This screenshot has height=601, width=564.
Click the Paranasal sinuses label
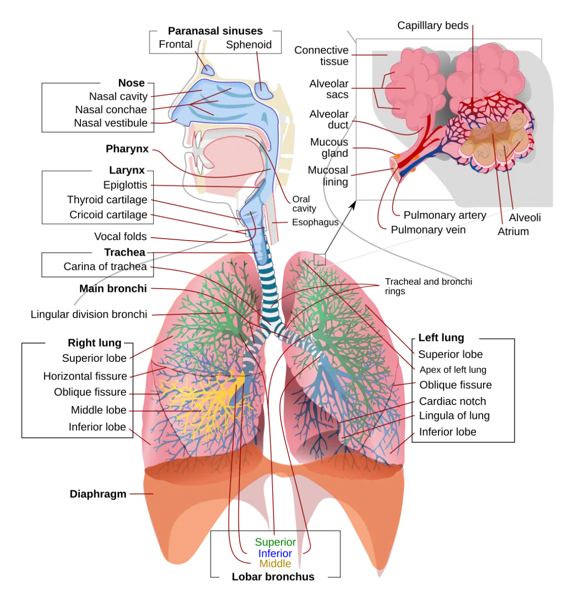215,31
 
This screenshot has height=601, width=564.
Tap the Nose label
131,83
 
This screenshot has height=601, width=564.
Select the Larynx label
126,170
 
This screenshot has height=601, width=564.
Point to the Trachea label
125,252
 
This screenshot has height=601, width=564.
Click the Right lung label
94,343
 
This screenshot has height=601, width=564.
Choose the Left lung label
441,338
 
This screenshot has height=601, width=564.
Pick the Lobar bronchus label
273,577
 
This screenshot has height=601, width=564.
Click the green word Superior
275,542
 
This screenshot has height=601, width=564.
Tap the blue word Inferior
275,553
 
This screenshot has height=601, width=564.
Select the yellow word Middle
275,564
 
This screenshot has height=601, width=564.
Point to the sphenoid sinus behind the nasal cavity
263,90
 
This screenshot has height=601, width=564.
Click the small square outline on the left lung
320,260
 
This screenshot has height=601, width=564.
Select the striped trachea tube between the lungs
267,285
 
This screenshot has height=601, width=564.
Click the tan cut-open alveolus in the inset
495,138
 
